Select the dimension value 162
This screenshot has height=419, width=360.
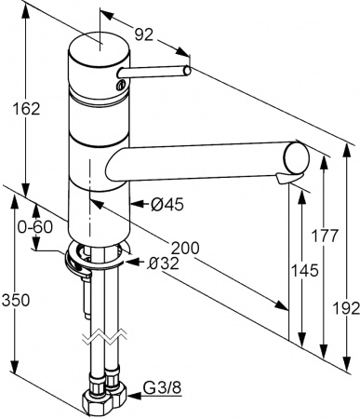click(x=29, y=109)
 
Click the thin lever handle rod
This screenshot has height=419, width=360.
click(x=158, y=73)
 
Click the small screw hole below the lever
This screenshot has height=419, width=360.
click(x=119, y=85)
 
